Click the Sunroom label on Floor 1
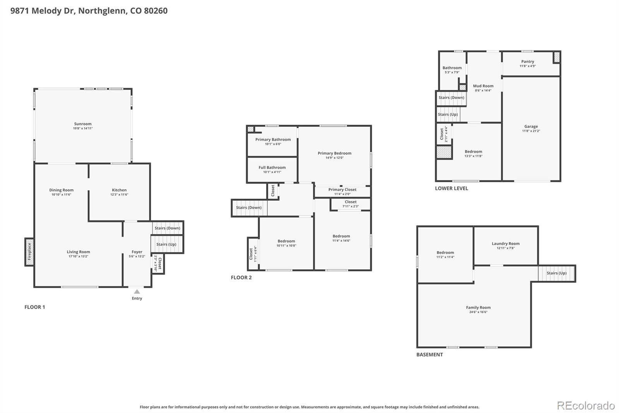[x=83, y=124]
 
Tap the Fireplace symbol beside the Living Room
[x=29, y=252]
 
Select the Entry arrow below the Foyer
[x=137, y=292]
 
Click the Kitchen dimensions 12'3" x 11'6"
[x=119, y=194]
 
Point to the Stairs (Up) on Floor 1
[x=166, y=244]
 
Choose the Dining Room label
[x=61, y=190]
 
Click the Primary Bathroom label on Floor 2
[x=273, y=139]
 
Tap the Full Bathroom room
[x=272, y=169]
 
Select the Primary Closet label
[x=342, y=189]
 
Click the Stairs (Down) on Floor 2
[x=249, y=208]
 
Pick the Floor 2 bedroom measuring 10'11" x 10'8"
[x=286, y=243]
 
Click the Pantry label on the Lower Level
[x=527, y=62]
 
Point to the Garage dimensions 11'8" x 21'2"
[x=531, y=131]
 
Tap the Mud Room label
[x=483, y=86]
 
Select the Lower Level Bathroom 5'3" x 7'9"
[x=452, y=70]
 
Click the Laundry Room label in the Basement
[x=506, y=244]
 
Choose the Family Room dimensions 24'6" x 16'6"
[x=478, y=312]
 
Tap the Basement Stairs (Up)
[x=556, y=273]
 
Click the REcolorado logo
[x=586, y=406]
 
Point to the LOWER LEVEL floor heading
[x=451, y=188]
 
